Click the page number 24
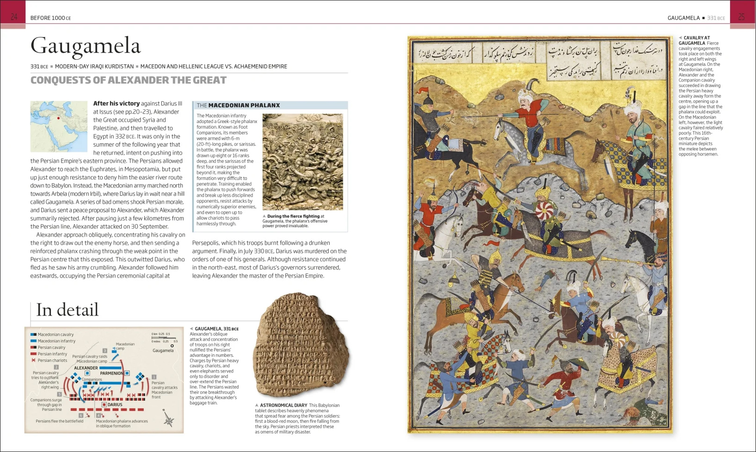[14, 17]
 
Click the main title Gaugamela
[86, 46]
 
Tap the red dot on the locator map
[59, 118]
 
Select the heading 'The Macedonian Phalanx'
[239, 105]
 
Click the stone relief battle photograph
[302, 162]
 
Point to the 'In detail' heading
[68, 310]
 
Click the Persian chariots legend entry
[52, 360]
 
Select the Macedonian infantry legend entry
[56, 341]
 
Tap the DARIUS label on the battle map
[115, 404]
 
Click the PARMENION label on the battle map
[111, 373]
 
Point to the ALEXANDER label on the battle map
[86, 368]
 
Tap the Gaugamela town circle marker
[172, 346]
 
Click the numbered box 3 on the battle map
[105, 351]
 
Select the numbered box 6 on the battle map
[81, 415]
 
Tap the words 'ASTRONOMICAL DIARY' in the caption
[283, 405]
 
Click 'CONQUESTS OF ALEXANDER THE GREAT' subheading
[129, 80]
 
